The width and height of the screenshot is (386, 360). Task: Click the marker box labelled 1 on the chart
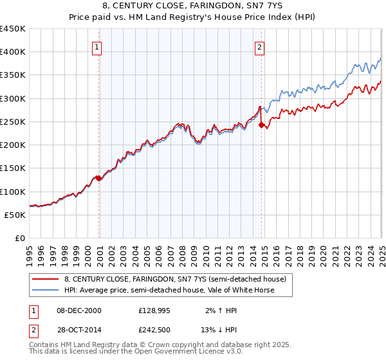(96, 46)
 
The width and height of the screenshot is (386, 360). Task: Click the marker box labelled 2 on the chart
(259, 46)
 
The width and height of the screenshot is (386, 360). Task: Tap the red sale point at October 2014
(262, 125)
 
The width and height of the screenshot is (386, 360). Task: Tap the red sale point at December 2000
(98, 178)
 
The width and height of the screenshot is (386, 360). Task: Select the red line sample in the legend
(46, 279)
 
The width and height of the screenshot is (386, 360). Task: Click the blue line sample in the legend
(46, 290)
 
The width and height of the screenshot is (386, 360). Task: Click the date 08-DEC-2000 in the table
(79, 310)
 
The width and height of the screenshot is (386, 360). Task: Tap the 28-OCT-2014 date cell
(79, 330)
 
